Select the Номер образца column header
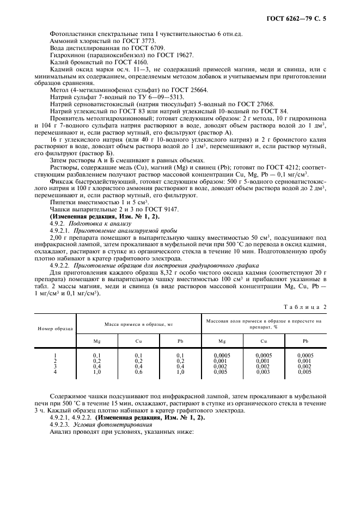pyautogui.click(x=55, y=330)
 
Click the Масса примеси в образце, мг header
pyautogui.click(x=139, y=324)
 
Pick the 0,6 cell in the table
pyautogui.click(x=139, y=372)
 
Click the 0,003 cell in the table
pyautogui.click(x=263, y=372)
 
